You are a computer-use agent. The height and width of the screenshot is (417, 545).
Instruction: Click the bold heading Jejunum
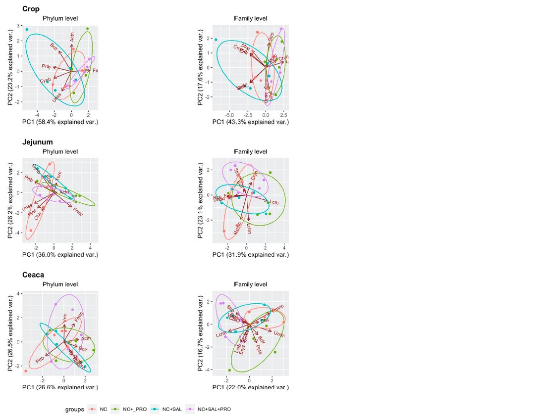point(37,142)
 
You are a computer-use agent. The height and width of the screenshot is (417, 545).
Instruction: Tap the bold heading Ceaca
point(33,275)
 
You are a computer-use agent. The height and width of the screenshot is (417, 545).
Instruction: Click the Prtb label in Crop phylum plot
point(46,66)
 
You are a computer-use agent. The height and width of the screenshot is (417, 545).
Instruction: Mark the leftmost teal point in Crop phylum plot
point(27,30)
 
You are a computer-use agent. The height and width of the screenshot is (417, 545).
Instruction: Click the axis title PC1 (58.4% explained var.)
point(60,122)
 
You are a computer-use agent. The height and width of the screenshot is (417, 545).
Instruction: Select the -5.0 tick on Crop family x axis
point(229,115)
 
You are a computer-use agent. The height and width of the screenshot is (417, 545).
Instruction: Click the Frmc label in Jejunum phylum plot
point(78,212)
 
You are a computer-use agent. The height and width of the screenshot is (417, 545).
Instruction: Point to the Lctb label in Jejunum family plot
point(274,202)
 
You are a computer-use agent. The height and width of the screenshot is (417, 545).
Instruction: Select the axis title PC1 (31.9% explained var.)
point(250,255)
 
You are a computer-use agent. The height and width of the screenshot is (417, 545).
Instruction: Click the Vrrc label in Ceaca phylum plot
point(64,318)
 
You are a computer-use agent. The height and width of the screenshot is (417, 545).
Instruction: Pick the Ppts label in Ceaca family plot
point(259,349)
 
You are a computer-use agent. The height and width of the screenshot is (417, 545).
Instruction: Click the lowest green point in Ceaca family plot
point(229,370)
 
